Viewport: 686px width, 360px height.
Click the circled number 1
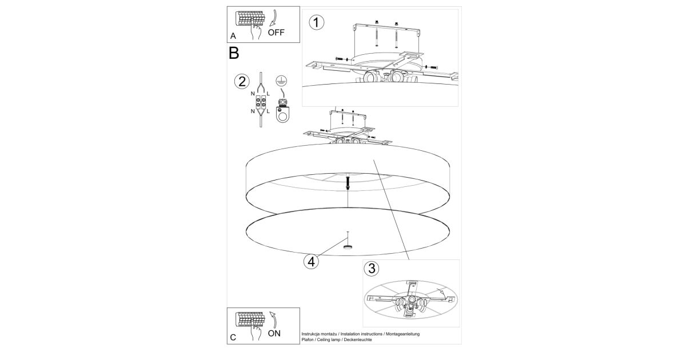[x=316, y=22]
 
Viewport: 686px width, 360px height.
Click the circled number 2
[x=242, y=82]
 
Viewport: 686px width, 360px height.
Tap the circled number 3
[x=372, y=269]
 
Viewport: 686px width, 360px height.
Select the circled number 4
[x=311, y=262]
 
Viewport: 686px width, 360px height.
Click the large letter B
[x=234, y=53]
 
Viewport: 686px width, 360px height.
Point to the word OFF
[x=276, y=33]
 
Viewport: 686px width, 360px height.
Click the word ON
[x=274, y=333]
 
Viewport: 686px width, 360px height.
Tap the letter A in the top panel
[x=233, y=36]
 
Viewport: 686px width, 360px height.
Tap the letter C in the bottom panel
[x=233, y=337]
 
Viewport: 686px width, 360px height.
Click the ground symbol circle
[x=281, y=80]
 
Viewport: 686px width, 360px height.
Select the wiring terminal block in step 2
[x=261, y=102]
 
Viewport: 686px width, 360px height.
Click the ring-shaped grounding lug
[x=282, y=115]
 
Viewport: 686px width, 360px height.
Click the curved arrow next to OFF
[x=274, y=18]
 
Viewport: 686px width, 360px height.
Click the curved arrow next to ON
[x=273, y=319]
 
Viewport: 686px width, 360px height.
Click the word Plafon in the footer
[x=308, y=340]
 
